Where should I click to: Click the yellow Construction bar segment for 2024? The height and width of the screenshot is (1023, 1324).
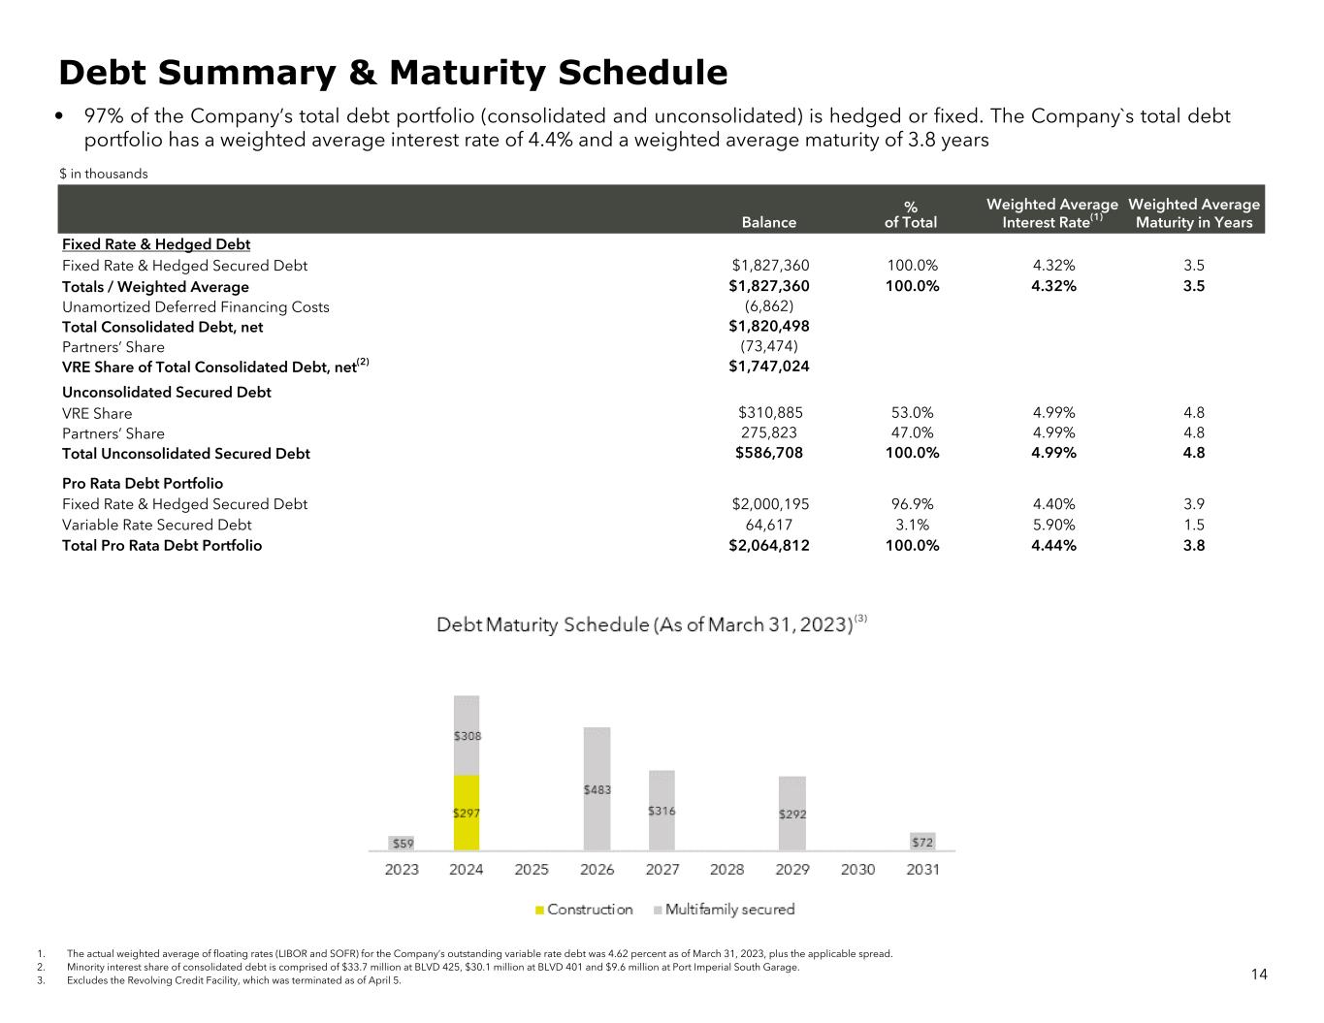point(466,813)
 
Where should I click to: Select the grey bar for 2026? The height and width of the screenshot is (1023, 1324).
point(597,788)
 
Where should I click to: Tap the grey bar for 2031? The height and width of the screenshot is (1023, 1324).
point(922,842)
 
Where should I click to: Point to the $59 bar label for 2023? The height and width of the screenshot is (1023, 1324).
point(402,844)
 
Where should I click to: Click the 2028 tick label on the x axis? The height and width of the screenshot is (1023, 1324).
point(727,869)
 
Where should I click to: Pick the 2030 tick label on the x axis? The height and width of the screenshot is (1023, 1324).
point(857,869)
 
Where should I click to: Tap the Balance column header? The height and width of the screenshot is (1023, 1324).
point(768,222)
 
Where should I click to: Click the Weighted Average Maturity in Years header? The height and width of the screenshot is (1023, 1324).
point(1194,213)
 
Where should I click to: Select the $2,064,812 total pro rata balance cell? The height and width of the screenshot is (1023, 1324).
point(769,545)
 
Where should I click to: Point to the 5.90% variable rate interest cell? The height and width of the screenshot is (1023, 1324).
point(1053,525)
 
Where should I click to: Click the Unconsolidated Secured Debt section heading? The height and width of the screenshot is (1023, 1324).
point(166,392)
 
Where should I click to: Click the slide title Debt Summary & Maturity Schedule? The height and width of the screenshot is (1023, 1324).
point(393,73)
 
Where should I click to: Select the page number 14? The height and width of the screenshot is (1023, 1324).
point(1258,975)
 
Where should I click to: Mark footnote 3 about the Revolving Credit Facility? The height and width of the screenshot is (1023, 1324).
point(233,980)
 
